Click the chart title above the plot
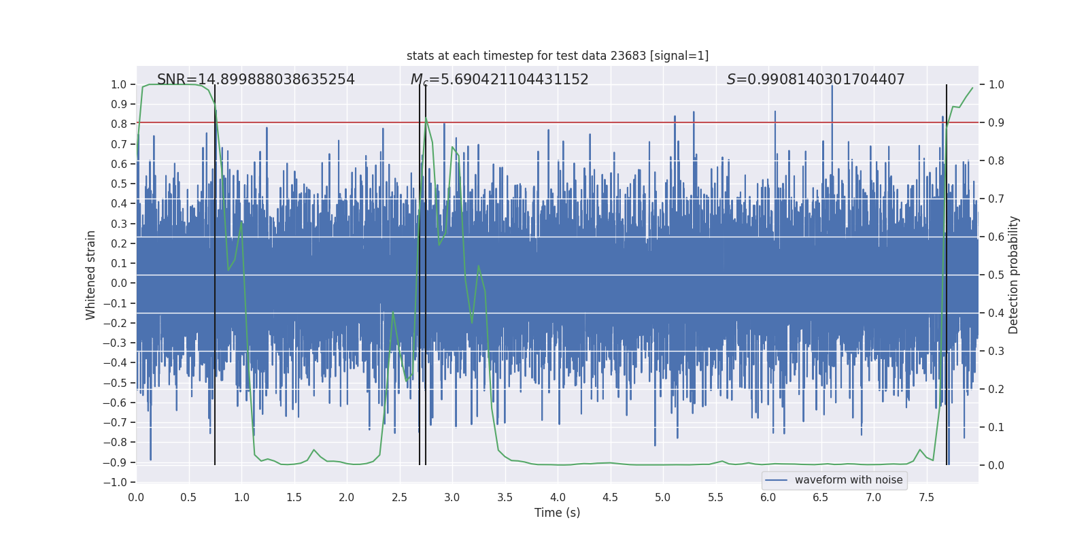click(x=558, y=56)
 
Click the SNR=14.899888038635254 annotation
click(x=256, y=80)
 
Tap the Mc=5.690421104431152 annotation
click(x=500, y=80)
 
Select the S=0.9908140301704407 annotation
click(x=815, y=80)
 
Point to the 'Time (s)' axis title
click(x=557, y=513)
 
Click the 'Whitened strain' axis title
click(x=91, y=275)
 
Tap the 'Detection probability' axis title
click(x=1014, y=275)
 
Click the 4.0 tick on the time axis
click(x=558, y=497)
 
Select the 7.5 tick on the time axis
click(x=926, y=497)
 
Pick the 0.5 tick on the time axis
click(x=188, y=497)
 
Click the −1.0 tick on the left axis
click(x=118, y=482)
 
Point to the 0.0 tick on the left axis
click(x=120, y=284)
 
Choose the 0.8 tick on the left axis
click(x=120, y=124)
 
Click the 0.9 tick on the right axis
click(x=996, y=123)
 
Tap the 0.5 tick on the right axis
click(x=996, y=275)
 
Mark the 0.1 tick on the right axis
click(x=996, y=428)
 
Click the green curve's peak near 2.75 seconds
click(x=426, y=118)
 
